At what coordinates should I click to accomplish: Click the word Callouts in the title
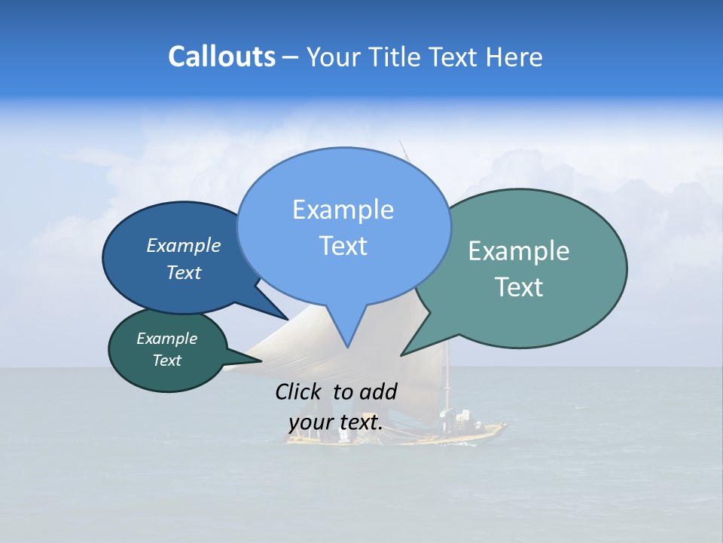tap(221, 57)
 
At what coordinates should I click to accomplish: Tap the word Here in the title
tap(514, 57)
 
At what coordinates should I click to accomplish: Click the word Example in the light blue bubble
tap(343, 210)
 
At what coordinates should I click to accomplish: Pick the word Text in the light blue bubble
tap(343, 246)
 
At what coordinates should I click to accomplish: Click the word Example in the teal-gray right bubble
tap(519, 251)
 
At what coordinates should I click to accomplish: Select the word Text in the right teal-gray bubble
tap(519, 287)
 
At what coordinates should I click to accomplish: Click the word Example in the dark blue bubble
tap(183, 245)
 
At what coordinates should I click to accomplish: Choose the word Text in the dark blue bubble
tap(183, 272)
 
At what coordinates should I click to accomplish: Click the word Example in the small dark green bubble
tap(166, 339)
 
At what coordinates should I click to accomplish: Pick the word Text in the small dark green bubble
tap(166, 360)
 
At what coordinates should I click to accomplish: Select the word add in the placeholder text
tap(378, 391)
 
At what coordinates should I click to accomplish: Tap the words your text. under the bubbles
tap(335, 422)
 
